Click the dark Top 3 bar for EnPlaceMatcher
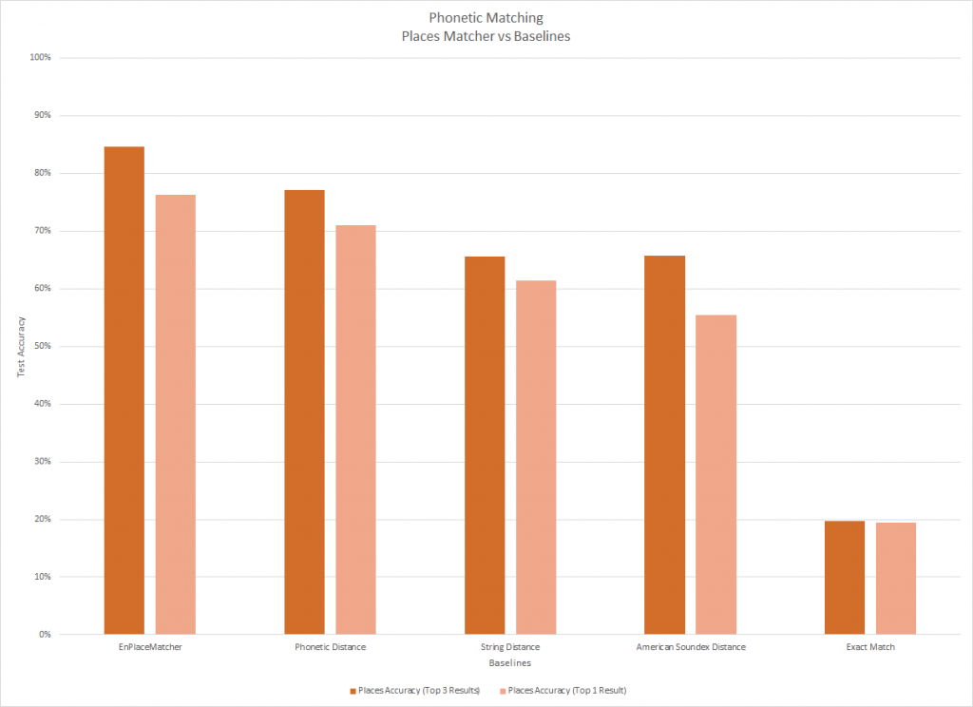coord(124,391)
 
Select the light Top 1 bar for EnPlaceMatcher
coord(176,414)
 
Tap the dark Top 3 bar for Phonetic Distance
coord(304,411)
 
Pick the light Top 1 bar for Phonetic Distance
coord(355,430)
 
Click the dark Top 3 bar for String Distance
coord(485,445)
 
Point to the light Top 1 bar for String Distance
coord(536,457)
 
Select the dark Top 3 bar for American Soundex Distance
coord(664,445)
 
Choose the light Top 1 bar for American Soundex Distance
coord(715,474)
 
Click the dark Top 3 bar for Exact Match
coord(845,577)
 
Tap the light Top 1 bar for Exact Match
coord(896,578)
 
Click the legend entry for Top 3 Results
coord(418,690)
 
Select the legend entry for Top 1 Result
coord(566,690)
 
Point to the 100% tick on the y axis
coord(40,58)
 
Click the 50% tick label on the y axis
coord(41,346)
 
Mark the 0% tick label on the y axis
coord(44,634)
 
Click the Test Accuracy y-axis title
coord(21,346)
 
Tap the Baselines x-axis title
coord(509,661)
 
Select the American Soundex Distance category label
coord(690,647)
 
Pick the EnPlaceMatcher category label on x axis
coord(150,647)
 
